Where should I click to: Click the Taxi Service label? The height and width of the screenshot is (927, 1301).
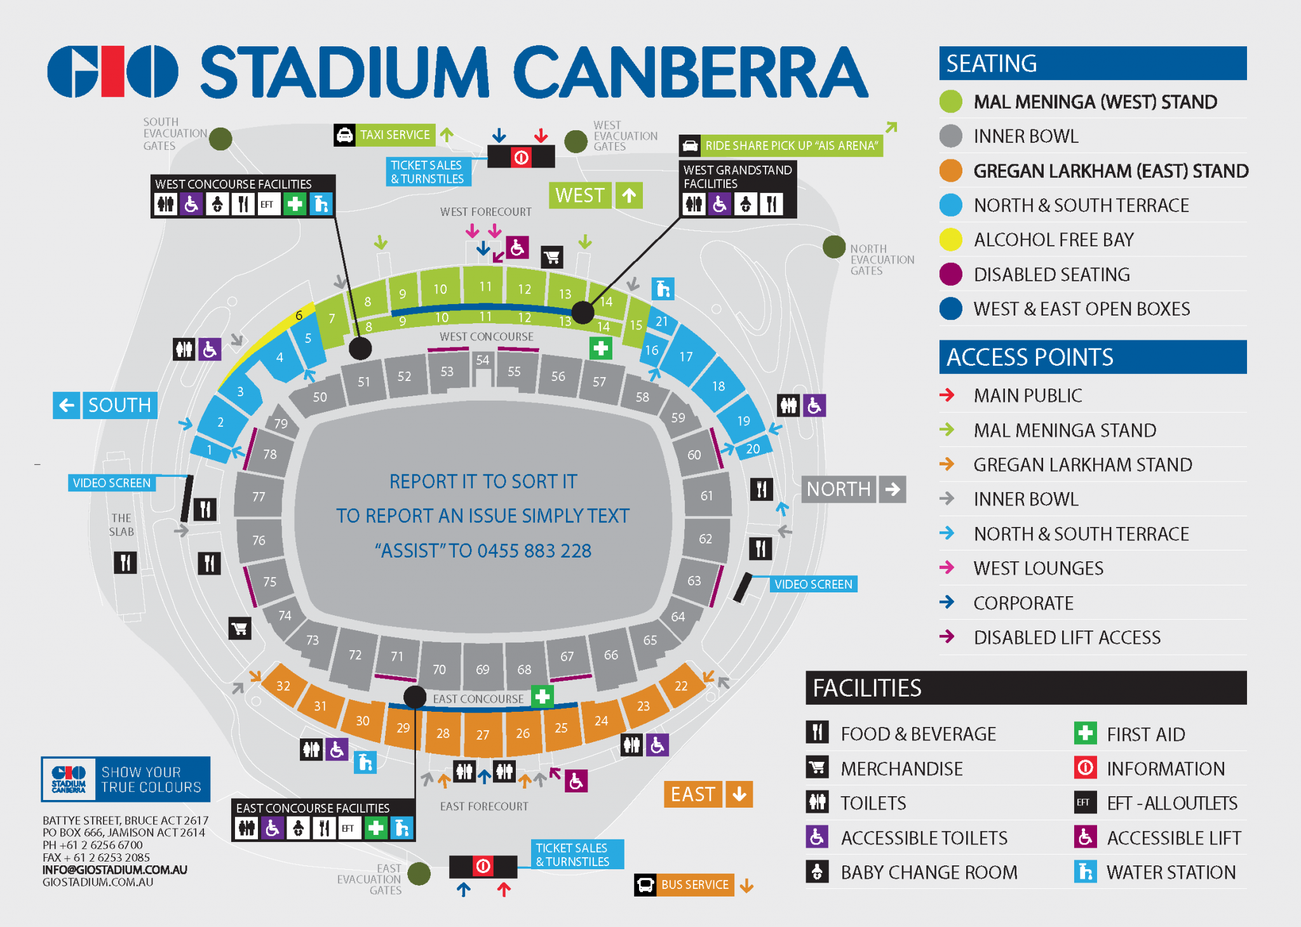(394, 135)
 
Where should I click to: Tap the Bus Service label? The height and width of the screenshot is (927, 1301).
(694, 884)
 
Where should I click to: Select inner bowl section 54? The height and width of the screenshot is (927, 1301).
(483, 361)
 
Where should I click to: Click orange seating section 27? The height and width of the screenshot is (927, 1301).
(483, 735)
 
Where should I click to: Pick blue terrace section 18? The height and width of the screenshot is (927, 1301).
(718, 386)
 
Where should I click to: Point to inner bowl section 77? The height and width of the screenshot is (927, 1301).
(259, 497)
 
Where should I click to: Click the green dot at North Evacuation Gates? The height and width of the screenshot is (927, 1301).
(833, 246)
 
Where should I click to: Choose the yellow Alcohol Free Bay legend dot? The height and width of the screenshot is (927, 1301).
(951, 239)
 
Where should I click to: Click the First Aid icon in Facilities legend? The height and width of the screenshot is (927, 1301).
(1085, 733)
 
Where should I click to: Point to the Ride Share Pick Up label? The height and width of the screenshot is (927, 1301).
(791, 146)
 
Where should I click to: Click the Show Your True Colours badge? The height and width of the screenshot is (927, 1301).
(126, 779)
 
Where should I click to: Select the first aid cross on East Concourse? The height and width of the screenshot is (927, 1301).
(542, 697)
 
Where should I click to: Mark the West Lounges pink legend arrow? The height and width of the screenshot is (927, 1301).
(947, 568)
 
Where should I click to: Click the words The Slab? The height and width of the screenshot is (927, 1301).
(121, 525)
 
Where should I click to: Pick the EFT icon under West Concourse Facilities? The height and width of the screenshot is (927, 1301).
(267, 204)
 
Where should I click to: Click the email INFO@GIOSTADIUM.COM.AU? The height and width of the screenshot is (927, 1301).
(115, 870)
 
